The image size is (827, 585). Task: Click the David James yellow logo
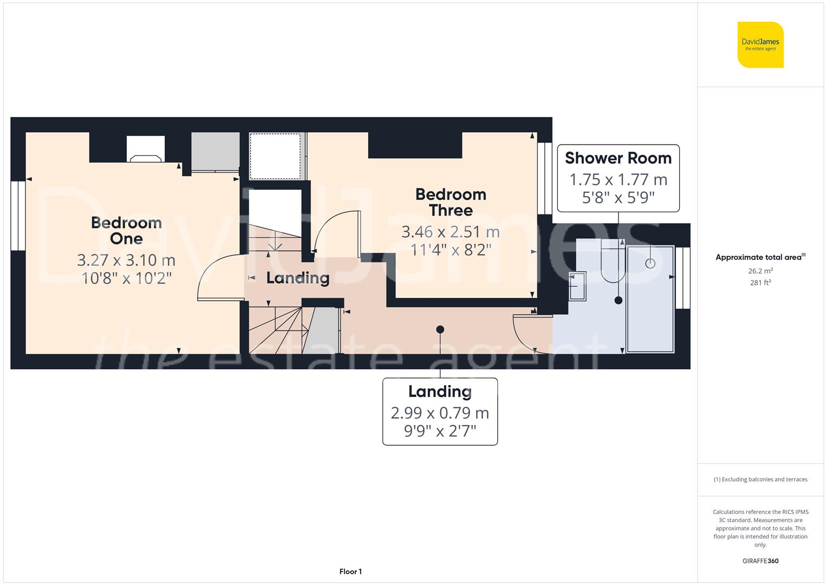760,44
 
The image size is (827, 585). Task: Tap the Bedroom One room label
126,230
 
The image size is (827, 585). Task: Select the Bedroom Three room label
451,202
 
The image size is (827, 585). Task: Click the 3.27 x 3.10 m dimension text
126,261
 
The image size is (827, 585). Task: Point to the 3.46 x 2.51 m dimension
451,232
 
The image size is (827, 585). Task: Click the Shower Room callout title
618,158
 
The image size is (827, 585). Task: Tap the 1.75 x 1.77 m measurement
618,179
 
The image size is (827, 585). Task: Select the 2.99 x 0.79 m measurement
440,413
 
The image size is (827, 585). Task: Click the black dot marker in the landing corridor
440,329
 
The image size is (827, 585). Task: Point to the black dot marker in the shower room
618,300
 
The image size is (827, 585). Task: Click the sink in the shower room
577,285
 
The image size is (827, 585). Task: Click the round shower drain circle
650,263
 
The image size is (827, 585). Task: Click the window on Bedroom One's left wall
18,216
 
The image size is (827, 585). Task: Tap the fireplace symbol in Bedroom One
146,158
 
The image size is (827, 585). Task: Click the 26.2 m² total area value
760,271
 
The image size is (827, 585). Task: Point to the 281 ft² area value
760,282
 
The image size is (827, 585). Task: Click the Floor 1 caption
350,571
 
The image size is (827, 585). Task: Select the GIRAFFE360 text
760,561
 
